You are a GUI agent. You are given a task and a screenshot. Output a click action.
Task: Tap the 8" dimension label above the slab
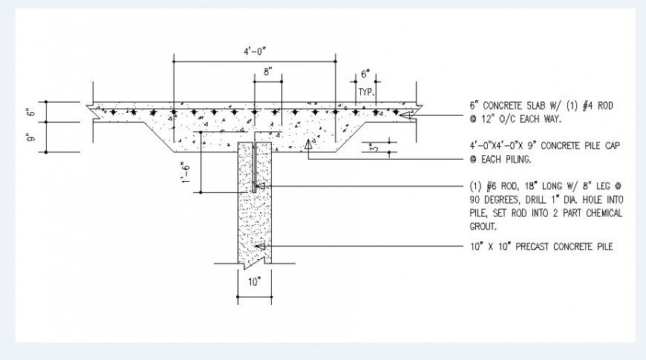pyautogui.click(x=268, y=72)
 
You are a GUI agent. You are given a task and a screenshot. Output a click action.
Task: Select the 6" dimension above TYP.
pyautogui.click(x=365, y=73)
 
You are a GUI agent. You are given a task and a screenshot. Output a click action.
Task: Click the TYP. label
pyautogui.click(x=365, y=91)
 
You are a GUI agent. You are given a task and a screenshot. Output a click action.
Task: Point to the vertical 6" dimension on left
pyautogui.click(x=30, y=113)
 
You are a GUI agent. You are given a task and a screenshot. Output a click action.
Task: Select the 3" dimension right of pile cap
pyautogui.click(x=373, y=148)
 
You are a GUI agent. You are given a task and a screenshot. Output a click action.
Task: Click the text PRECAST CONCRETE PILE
pyautogui.click(x=563, y=246)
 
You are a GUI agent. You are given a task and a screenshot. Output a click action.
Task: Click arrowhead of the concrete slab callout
pyautogui.click(x=404, y=114)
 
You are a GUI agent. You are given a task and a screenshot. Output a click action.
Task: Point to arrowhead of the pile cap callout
pyautogui.click(x=307, y=147)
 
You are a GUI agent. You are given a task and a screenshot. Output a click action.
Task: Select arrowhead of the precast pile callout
pyautogui.click(x=260, y=246)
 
